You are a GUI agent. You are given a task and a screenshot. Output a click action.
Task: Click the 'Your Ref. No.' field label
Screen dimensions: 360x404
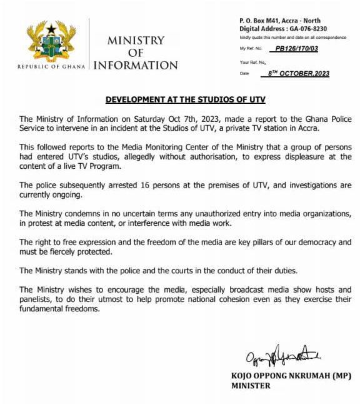click(x=253, y=62)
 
